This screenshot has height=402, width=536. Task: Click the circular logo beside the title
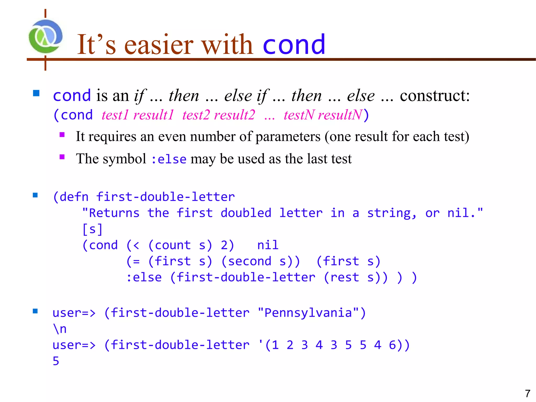point(46,37)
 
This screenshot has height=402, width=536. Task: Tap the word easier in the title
point(159,45)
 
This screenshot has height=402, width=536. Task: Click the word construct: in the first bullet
point(435,96)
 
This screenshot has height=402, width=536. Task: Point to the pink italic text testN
point(299,115)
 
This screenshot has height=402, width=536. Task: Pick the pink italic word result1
point(153,115)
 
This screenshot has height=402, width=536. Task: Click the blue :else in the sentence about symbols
point(169,159)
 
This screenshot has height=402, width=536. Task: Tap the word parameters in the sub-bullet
point(288,137)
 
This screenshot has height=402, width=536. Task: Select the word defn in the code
point(74,197)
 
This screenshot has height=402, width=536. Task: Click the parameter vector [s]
point(92,229)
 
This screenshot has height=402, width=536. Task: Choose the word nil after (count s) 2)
point(268,245)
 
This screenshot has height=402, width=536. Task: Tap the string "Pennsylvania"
point(308,313)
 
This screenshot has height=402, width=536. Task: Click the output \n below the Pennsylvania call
point(60,329)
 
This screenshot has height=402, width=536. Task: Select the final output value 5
point(56,361)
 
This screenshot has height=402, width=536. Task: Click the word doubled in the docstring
point(246,213)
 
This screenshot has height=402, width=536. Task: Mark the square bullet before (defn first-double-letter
point(35,195)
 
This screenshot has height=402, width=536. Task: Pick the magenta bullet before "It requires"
point(62,135)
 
